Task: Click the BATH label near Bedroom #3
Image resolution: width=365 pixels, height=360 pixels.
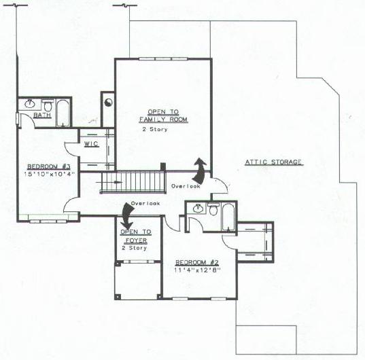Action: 42,115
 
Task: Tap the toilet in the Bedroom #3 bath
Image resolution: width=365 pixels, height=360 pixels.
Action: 48,105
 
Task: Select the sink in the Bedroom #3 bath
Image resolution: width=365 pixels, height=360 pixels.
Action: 30,104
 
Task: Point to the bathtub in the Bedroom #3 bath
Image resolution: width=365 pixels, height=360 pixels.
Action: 63,113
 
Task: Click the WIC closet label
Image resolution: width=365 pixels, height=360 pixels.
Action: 91,144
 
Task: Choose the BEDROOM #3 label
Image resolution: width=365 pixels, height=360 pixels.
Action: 49,166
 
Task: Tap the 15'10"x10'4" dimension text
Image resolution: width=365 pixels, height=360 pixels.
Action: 50,174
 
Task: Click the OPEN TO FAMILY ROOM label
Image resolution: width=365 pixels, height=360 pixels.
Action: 163,116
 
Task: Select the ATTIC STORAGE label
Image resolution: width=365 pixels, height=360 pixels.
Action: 274,162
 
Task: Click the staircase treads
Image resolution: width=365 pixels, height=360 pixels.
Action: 133,182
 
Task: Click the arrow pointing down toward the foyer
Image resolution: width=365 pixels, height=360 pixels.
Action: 127,216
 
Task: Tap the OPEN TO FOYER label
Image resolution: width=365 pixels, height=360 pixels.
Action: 136,236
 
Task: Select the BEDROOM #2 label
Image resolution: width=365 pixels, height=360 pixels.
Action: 197,263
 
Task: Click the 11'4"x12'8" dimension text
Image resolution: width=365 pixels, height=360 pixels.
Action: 197,270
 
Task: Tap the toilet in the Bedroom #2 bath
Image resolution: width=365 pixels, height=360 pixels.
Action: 213,209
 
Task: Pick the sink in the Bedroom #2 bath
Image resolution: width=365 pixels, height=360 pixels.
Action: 198,208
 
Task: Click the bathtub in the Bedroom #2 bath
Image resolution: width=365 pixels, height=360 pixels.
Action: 228,217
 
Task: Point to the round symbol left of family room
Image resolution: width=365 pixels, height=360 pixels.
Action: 109,103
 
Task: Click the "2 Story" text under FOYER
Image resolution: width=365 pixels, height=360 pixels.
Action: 135,248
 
